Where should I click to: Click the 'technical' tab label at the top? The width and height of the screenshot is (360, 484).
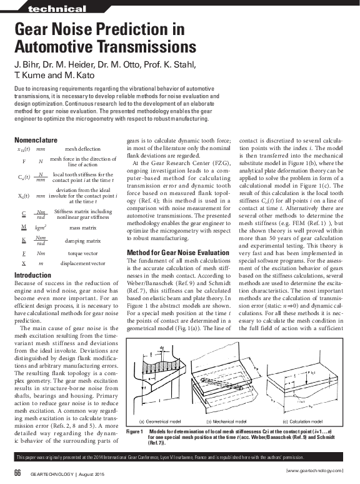(57, 9)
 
